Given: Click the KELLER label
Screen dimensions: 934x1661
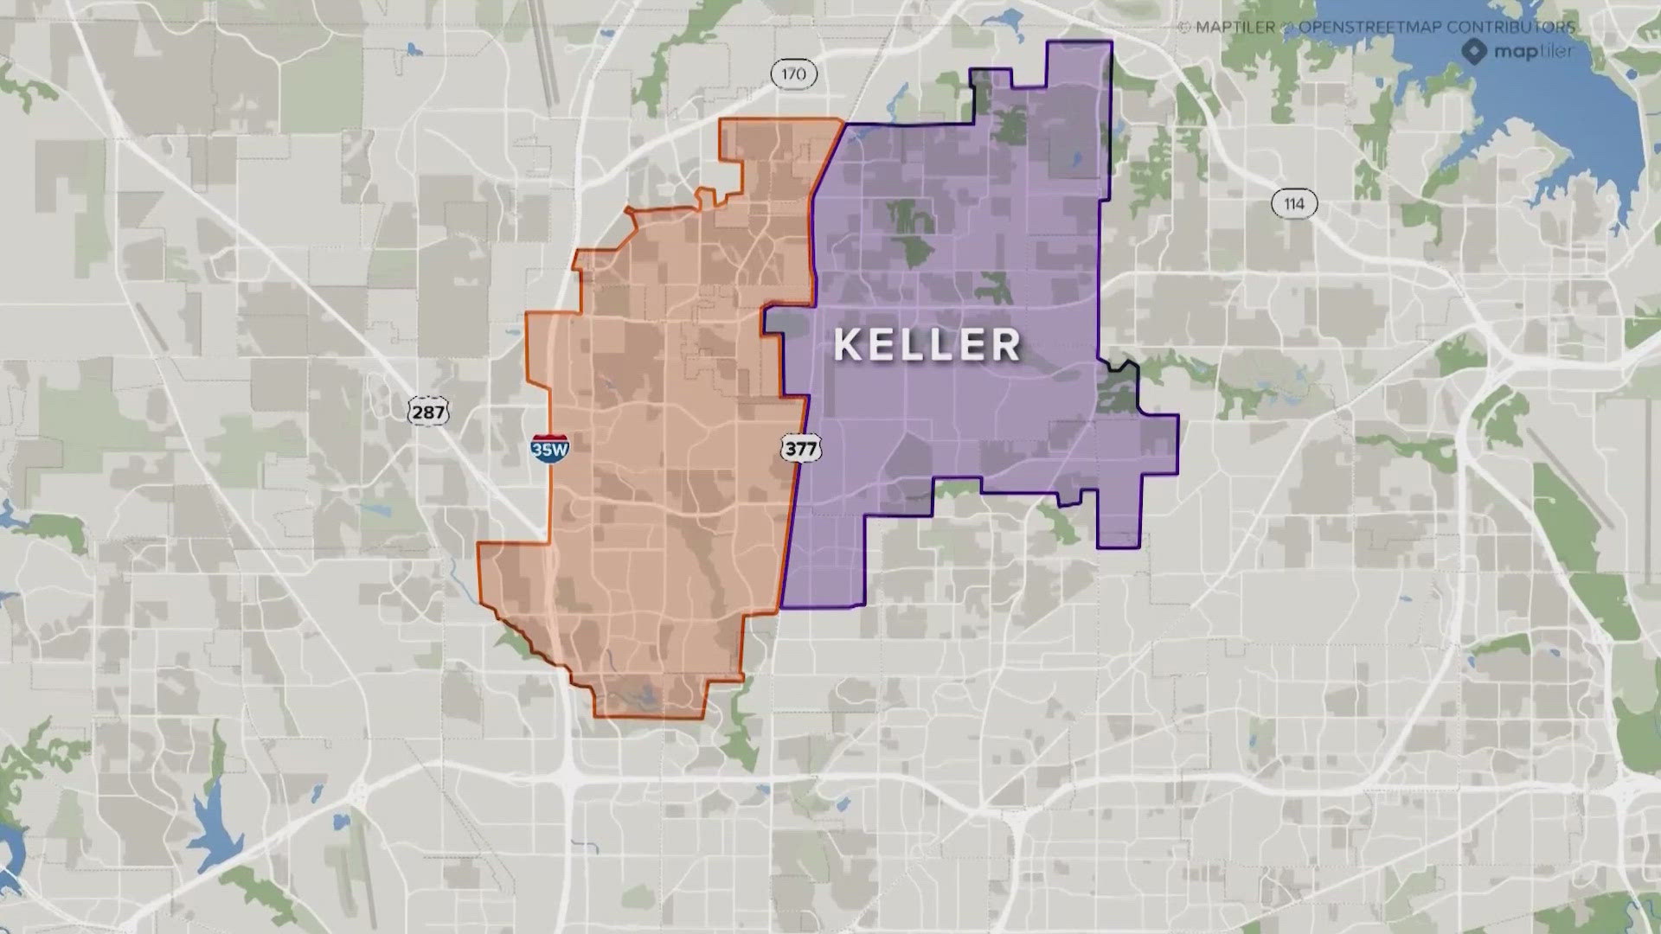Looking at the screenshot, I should pos(927,345).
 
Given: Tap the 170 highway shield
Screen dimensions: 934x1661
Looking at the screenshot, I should pos(793,74).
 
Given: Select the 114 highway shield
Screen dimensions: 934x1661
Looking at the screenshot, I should pos(1293,204).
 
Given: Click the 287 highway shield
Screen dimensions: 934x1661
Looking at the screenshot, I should pos(428,412).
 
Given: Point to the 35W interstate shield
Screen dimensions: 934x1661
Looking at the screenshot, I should pos(550,448).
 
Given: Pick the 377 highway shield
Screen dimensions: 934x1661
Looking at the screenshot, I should pos(800,448).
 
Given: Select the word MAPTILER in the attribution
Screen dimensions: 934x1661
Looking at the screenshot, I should pos(1235,27).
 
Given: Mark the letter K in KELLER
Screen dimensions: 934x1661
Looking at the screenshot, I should pos(848,346).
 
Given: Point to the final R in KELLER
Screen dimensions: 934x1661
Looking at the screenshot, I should pos(1005,346).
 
